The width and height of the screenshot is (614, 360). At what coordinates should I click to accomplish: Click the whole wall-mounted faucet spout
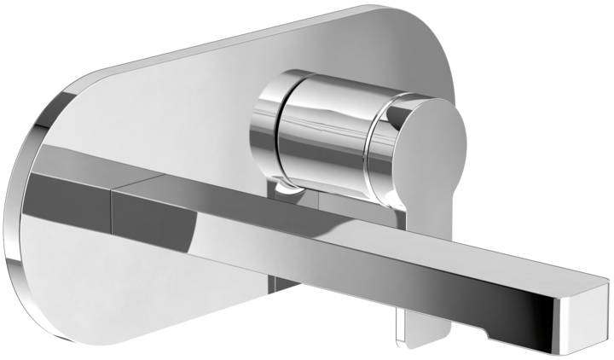coord(341,239)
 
